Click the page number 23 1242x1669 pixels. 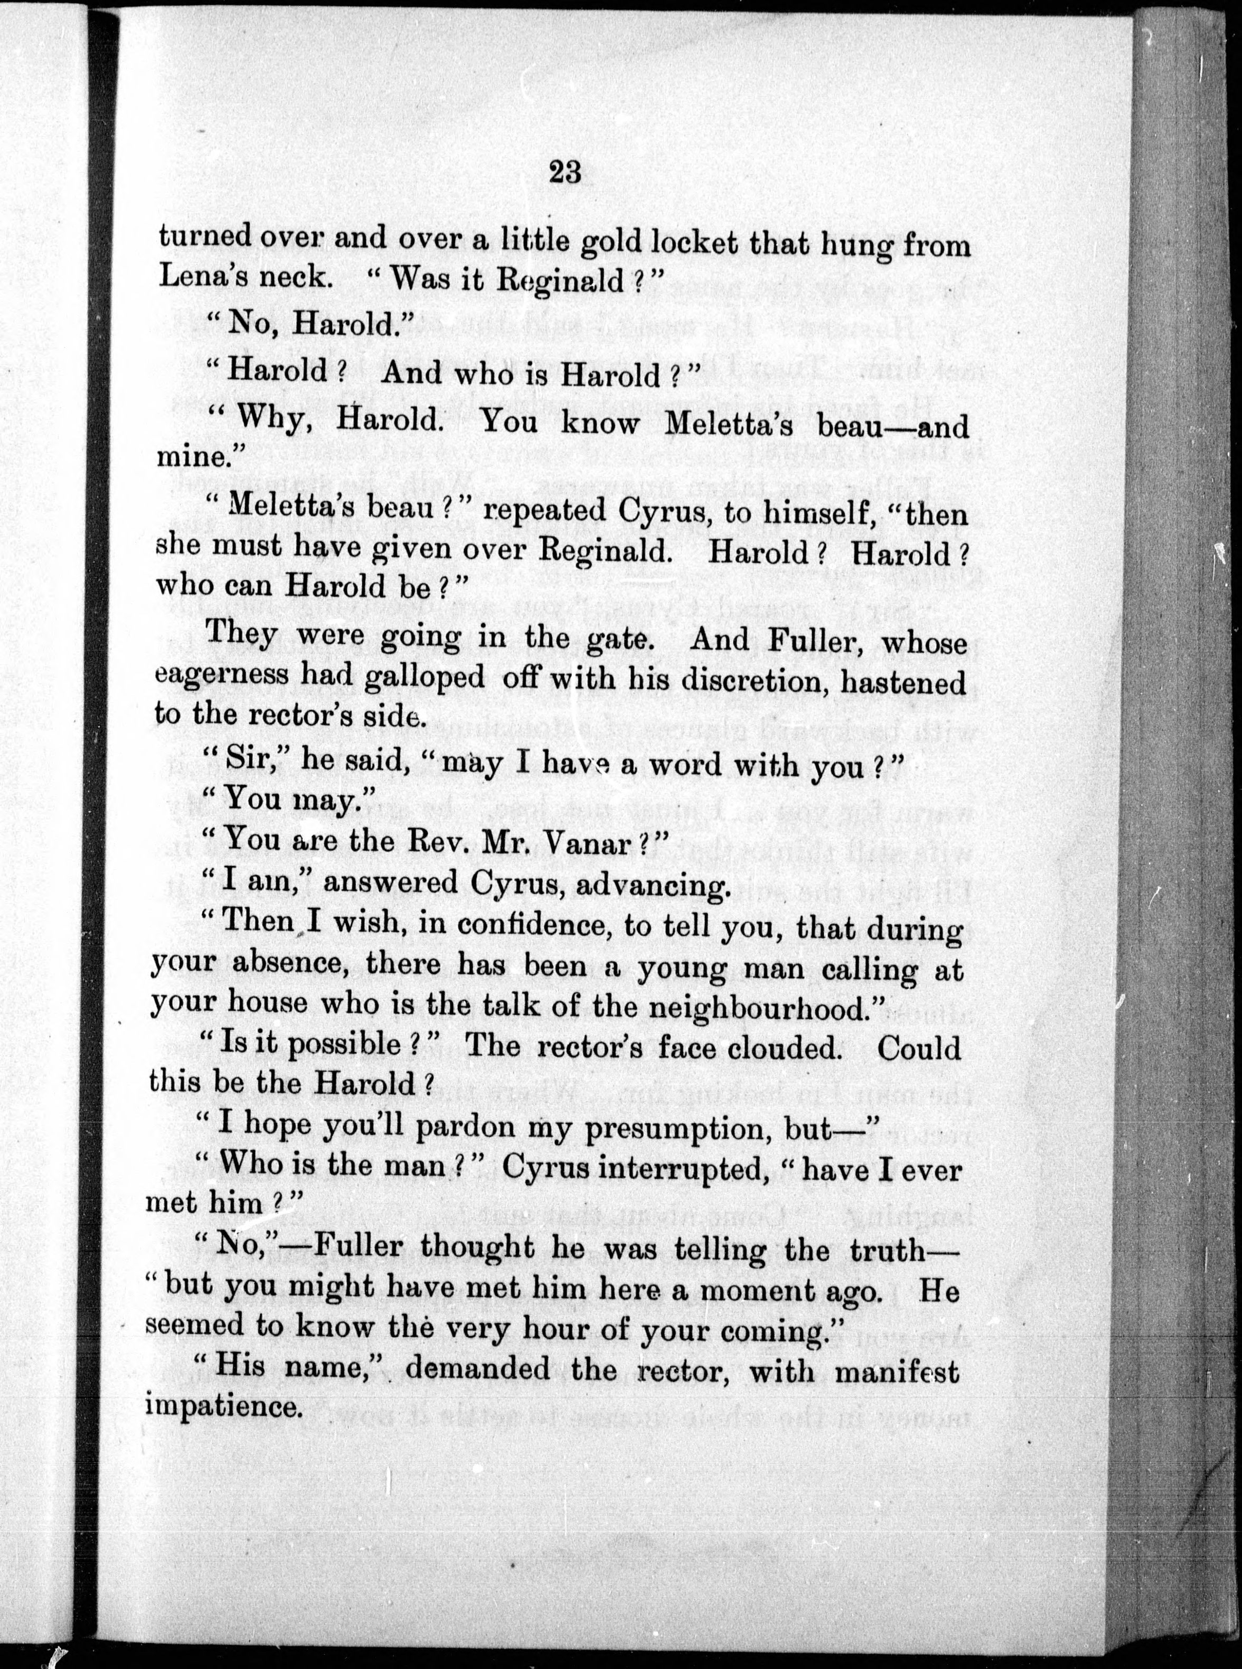[566, 172]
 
